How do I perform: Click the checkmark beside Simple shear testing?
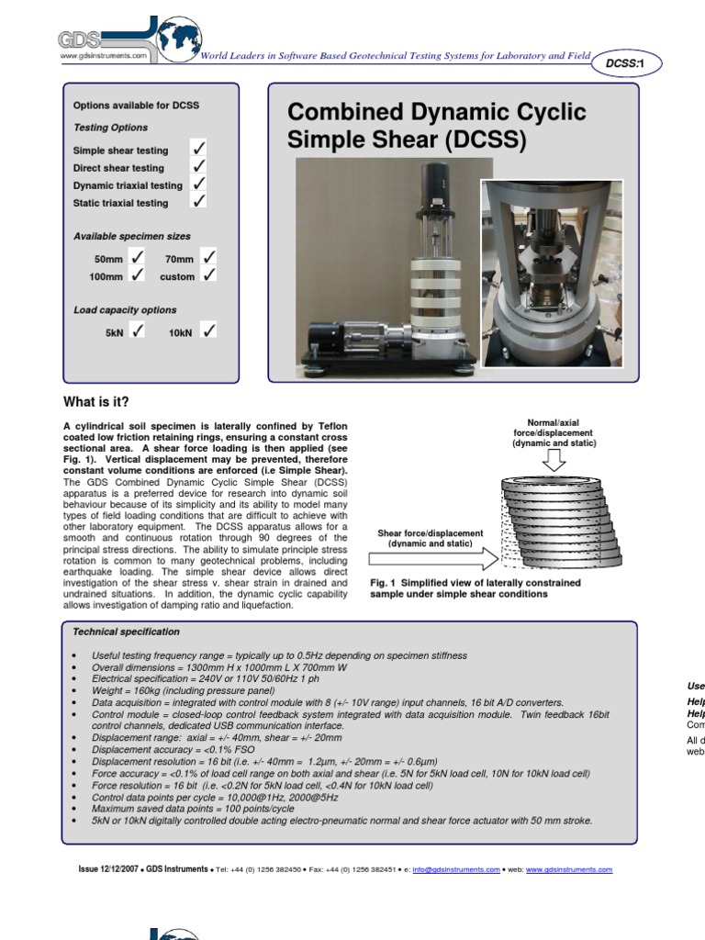[197, 149]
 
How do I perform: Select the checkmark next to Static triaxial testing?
[197, 201]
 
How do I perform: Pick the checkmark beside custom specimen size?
[209, 274]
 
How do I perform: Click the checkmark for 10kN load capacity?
[209, 331]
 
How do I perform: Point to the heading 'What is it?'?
[95, 402]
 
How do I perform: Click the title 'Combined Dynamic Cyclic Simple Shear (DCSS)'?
[436, 126]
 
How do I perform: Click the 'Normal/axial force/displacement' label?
[554, 431]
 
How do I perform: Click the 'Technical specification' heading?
[127, 632]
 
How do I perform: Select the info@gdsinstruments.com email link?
[456, 868]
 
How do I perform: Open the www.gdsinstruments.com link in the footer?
[569, 868]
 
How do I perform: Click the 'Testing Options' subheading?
[110, 128]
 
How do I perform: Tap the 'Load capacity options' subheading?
[125, 310]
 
